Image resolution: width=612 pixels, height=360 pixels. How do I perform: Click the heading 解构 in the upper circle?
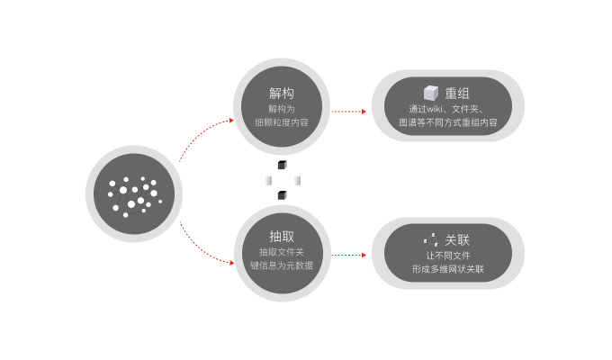[x=282, y=93]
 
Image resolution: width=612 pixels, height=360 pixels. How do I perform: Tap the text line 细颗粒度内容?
[x=282, y=122]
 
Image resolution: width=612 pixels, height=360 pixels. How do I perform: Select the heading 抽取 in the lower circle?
[x=282, y=236]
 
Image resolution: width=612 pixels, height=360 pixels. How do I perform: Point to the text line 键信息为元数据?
[x=282, y=265]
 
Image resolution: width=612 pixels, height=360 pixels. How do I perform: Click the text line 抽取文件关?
[x=282, y=252]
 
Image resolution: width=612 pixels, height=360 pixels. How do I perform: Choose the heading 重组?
[x=458, y=93]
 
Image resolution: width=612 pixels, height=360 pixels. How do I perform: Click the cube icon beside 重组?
[x=431, y=93]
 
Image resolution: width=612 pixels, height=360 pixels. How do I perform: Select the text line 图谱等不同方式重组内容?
[x=448, y=122]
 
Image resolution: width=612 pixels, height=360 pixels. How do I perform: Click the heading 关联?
[x=457, y=240]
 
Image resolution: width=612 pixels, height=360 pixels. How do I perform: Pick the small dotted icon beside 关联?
[x=431, y=240]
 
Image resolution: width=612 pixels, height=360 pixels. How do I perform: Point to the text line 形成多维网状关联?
[x=448, y=269]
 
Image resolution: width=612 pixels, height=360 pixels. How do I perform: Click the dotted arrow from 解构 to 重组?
[x=349, y=112]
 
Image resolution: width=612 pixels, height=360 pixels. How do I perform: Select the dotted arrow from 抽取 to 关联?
[x=349, y=256]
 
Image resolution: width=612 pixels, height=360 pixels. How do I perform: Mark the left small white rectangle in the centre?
[x=267, y=180]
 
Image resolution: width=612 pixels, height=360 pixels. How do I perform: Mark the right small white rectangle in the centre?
[x=296, y=180]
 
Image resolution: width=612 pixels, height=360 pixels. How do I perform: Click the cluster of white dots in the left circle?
[x=133, y=195]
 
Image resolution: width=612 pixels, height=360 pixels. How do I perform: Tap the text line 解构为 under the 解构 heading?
[x=282, y=108]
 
